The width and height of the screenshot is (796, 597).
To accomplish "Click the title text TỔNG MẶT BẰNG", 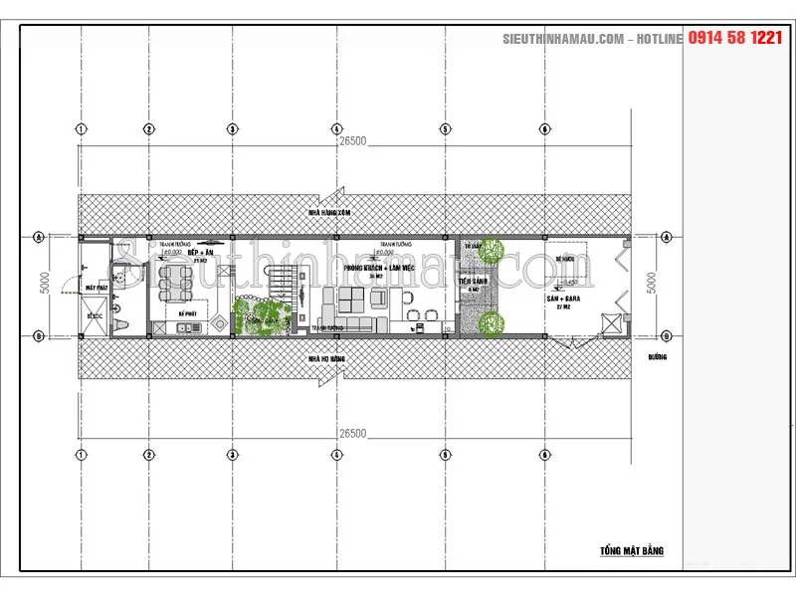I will click(632, 550).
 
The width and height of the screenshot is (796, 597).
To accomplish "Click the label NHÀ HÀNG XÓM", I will click(330, 213).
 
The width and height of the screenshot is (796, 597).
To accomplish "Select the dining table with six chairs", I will click(174, 285).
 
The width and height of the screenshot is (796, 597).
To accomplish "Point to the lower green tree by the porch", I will click(489, 321).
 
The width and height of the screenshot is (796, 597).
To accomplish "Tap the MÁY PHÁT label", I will click(97, 288).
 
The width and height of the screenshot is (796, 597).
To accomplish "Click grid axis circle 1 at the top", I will click(81, 128).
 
